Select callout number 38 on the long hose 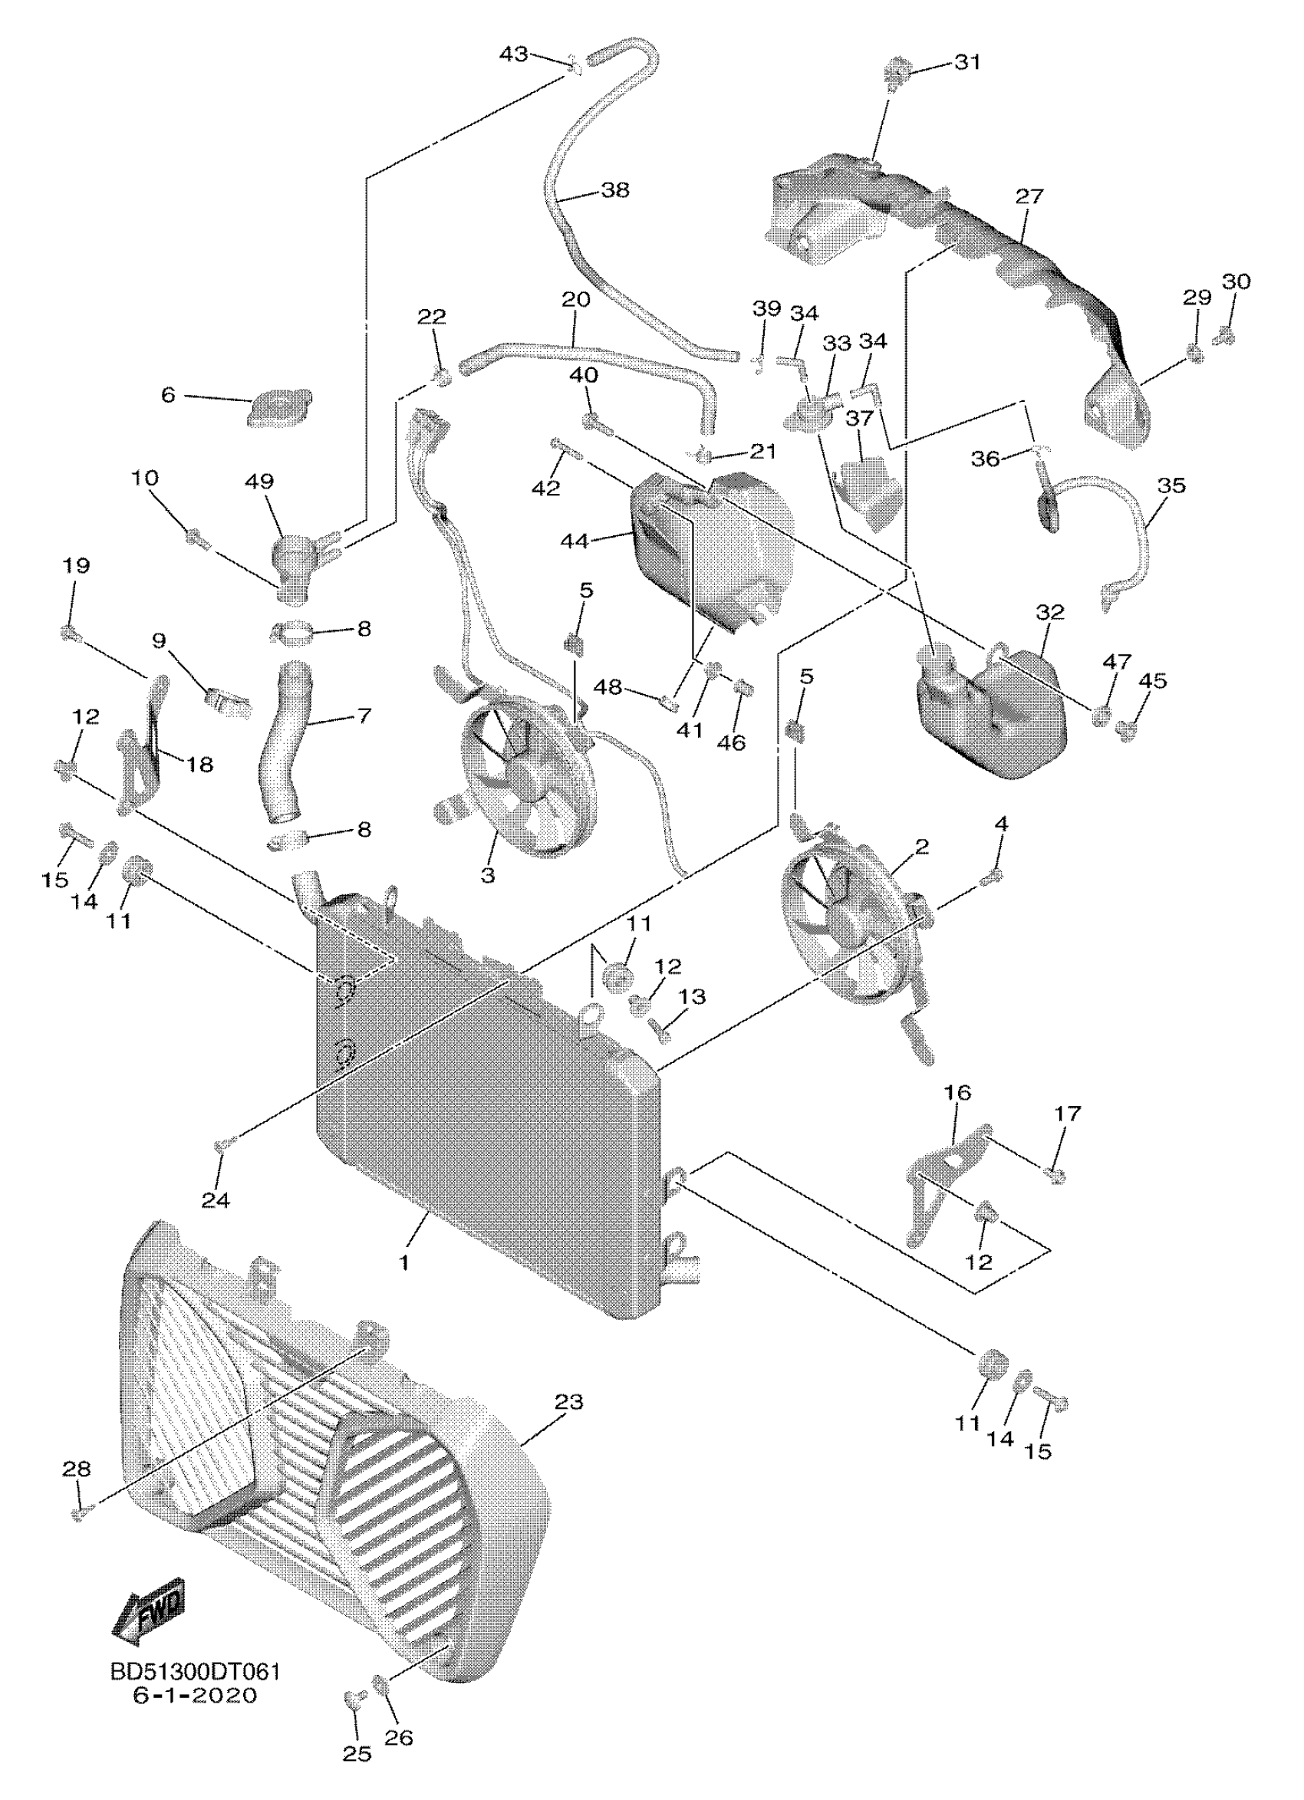tap(614, 190)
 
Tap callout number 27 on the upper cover tap(1029, 196)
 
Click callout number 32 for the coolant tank tap(1049, 612)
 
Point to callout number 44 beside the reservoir tap(574, 541)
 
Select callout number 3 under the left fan tap(487, 875)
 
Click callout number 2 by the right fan tap(920, 847)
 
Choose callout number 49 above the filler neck tap(259, 481)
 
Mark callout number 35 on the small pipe tap(1171, 485)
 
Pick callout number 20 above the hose tap(575, 300)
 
